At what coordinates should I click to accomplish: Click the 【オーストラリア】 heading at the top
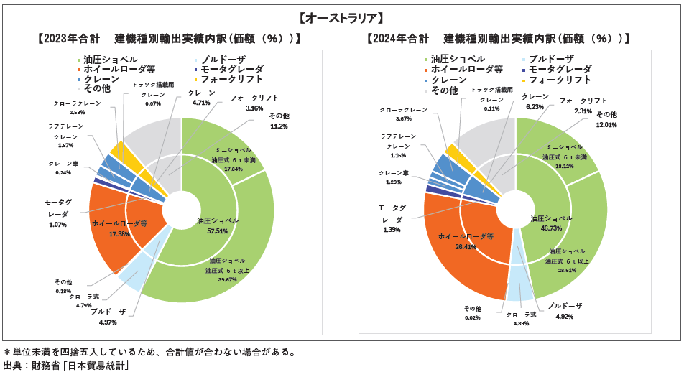click(x=341, y=17)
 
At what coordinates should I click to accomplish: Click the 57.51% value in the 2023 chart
click(x=217, y=231)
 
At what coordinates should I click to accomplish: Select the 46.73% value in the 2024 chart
click(x=551, y=228)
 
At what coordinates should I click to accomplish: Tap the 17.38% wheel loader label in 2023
click(x=119, y=234)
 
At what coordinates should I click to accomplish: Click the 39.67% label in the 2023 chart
click(x=227, y=279)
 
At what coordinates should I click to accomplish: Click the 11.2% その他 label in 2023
click(x=278, y=126)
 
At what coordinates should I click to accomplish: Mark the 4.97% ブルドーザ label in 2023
click(x=108, y=321)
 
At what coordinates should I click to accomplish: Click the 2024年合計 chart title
click(x=499, y=39)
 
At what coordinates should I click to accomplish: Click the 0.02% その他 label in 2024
click(x=471, y=317)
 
